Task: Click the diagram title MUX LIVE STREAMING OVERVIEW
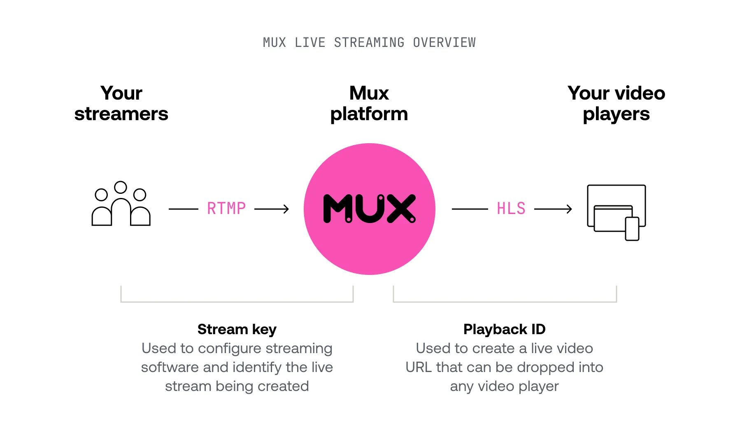pos(369,42)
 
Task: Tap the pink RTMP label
pos(226,209)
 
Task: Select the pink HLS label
pos(511,209)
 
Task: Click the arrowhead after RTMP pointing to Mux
pos(286,209)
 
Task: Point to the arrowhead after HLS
pos(569,209)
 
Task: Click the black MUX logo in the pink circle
pos(369,209)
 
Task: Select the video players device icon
pos(616,212)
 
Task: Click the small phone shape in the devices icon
pos(632,229)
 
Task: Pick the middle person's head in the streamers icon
pos(121,187)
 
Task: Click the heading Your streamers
pos(121,103)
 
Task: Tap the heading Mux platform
pos(369,103)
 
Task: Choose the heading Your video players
pos(616,103)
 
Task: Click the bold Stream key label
pos(237,329)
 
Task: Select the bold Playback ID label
pos(504,329)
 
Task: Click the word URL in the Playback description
pos(419,367)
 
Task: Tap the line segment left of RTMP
pos(184,209)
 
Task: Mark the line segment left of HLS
pos(470,209)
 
